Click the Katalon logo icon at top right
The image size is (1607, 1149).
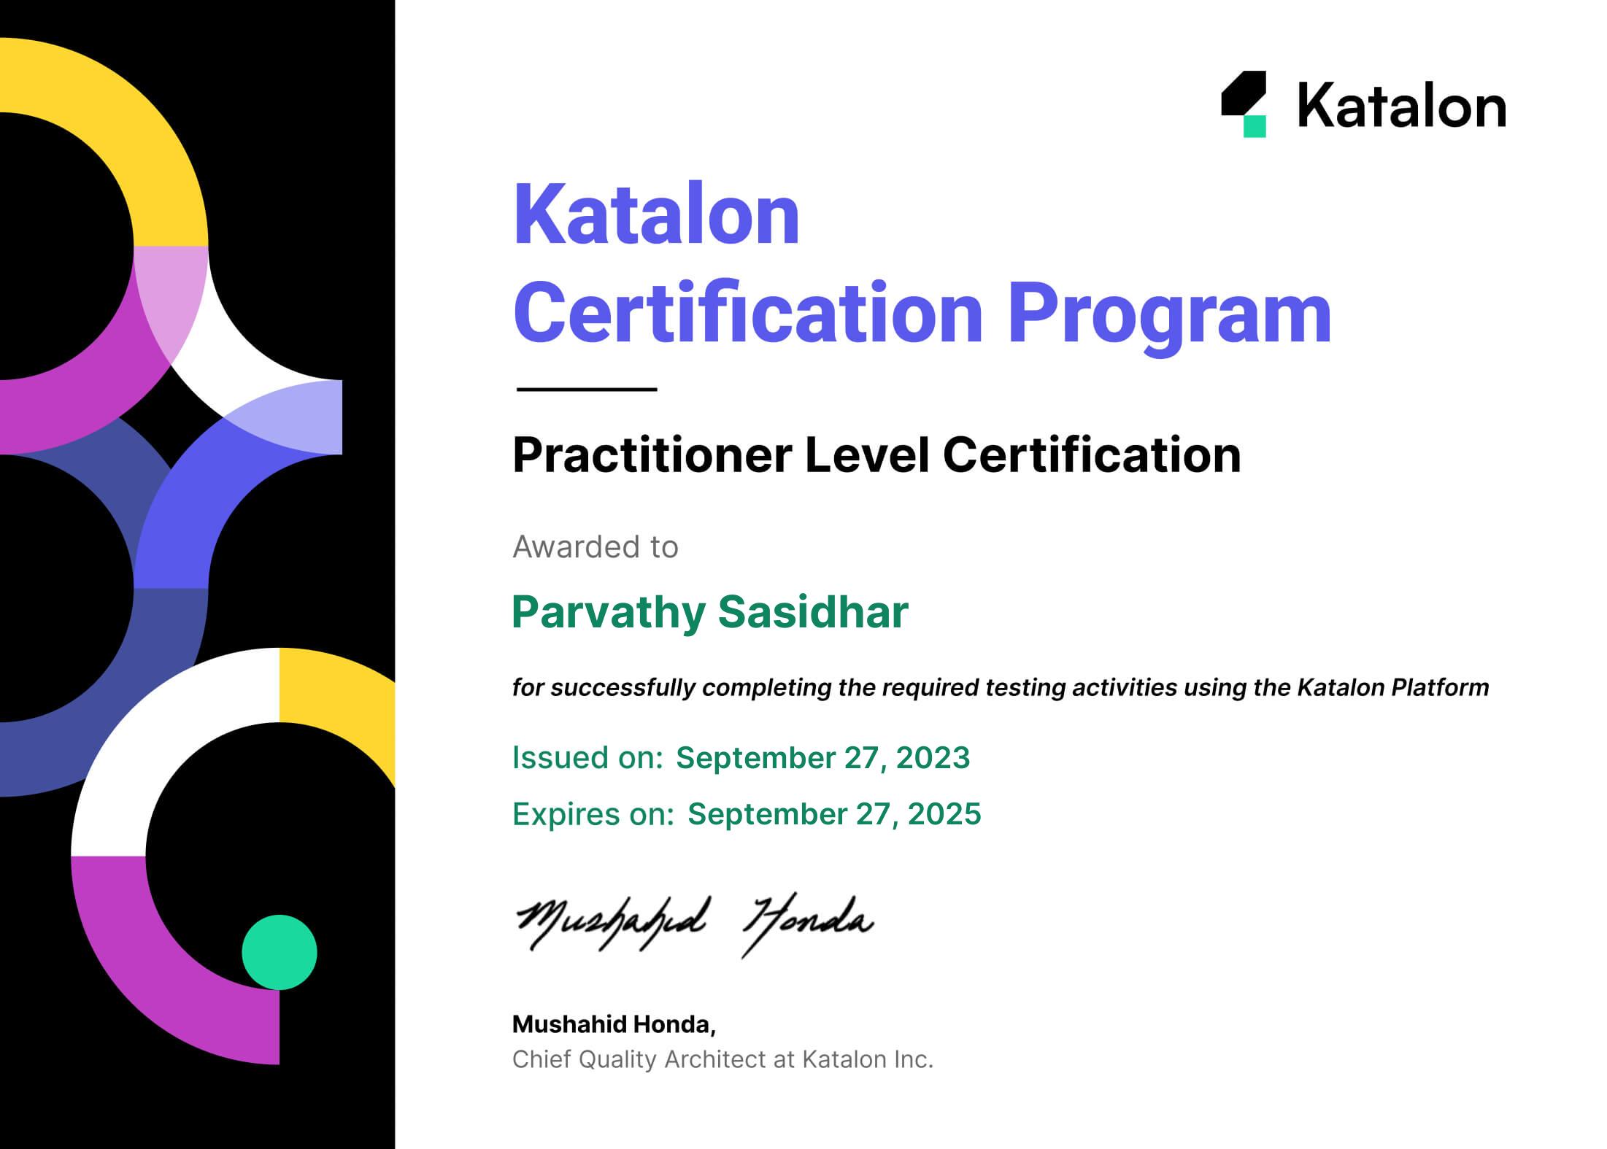point(1244,104)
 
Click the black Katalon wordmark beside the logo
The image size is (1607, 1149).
point(1402,106)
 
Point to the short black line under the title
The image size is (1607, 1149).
point(587,390)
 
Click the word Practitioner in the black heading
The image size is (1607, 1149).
point(652,455)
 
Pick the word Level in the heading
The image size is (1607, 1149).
point(867,454)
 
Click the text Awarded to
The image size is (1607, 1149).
point(596,546)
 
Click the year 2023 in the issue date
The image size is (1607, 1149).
point(933,758)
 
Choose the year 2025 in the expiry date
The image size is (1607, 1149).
point(944,814)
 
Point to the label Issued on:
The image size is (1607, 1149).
point(587,758)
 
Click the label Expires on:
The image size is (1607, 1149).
point(593,815)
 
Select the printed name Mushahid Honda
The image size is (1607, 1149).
point(614,1024)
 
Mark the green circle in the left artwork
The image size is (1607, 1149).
point(280,952)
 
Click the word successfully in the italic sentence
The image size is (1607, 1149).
point(623,688)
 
